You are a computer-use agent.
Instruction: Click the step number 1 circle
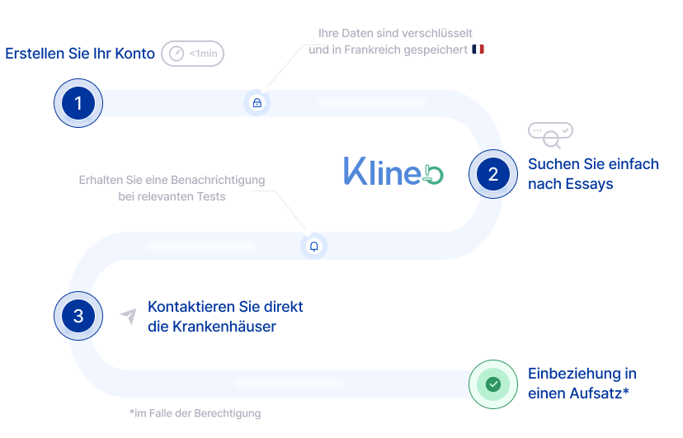point(78,103)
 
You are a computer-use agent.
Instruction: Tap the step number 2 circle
point(493,174)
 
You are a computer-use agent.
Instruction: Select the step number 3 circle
point(78,316)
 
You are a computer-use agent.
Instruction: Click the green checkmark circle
point(493,384)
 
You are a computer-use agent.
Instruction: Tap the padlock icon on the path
point(257,103)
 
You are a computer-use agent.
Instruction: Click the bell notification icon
point(313,247)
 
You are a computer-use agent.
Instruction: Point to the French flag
point(478,49)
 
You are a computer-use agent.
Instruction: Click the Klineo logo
point(393,171)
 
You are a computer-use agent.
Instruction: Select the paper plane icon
point(129,317)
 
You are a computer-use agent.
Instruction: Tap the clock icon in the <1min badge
point(177,54)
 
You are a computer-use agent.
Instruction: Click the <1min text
point(204,54)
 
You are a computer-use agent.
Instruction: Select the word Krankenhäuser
point(224,327)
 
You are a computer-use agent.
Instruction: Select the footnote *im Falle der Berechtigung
point(195,413)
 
